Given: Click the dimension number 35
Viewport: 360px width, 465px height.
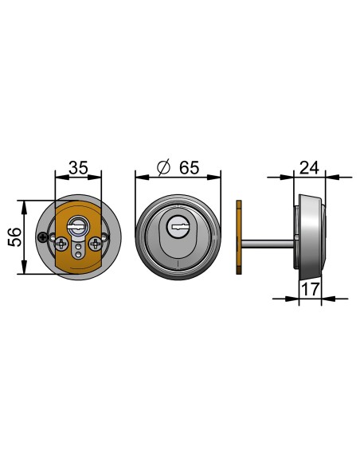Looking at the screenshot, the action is pos(79,168).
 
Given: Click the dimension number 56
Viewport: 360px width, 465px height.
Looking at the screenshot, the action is pos(15,237).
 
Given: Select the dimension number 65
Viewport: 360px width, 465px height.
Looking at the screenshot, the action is pos(190,168).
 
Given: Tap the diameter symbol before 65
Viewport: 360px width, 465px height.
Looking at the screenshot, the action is pos(164,167).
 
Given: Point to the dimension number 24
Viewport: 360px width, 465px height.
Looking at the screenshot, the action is pos(309,168).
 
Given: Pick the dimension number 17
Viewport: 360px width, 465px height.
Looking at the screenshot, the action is pos(311,289).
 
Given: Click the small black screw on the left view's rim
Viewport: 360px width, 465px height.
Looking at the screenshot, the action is pos(43,237).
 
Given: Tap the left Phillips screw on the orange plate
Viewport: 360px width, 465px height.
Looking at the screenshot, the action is pos(61,244).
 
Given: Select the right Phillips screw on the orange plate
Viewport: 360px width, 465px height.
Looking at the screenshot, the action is pos(96,244).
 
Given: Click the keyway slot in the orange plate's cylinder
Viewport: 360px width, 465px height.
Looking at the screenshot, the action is pos(77,228).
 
